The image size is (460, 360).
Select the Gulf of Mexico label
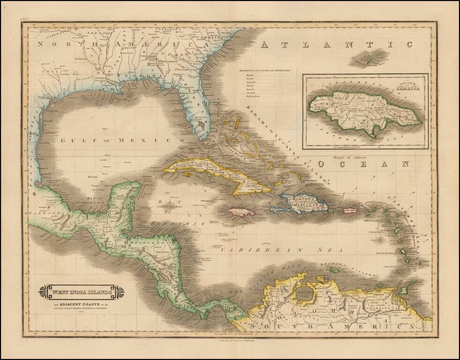(x=123, y=140)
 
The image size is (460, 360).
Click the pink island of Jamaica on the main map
(x=241, y=212)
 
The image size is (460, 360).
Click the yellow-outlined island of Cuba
(x=220, y=173)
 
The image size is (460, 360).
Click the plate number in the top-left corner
(x=25, y=20)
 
